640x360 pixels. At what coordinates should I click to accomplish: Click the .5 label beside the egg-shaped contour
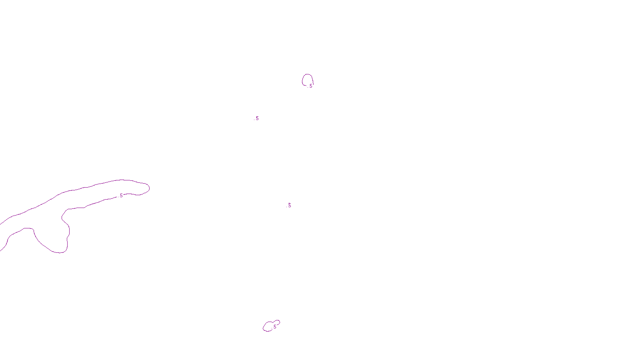pyautogui.click(x=310, y=86)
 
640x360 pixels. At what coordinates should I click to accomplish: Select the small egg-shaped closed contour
pyautogui.click(x=307, y=75)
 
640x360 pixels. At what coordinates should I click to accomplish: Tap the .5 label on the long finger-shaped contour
pyautogui.click(x=121, y=196)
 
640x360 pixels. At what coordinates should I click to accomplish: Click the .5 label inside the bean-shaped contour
pyautogui.click(x=274, y=327)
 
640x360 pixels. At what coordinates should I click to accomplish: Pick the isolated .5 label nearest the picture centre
pyautogui.click(x=289, y=205)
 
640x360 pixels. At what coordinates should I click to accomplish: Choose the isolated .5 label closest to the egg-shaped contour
pyautogui.click(x=257, y=118)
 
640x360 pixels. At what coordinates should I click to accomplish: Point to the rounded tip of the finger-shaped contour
pyautogui.click(x=149, y=188)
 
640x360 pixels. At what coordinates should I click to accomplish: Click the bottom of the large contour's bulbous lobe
pyautogui.click(x=59, y=252)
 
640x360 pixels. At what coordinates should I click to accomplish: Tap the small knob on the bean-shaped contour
pyautogui.click(x=278, y=322)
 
